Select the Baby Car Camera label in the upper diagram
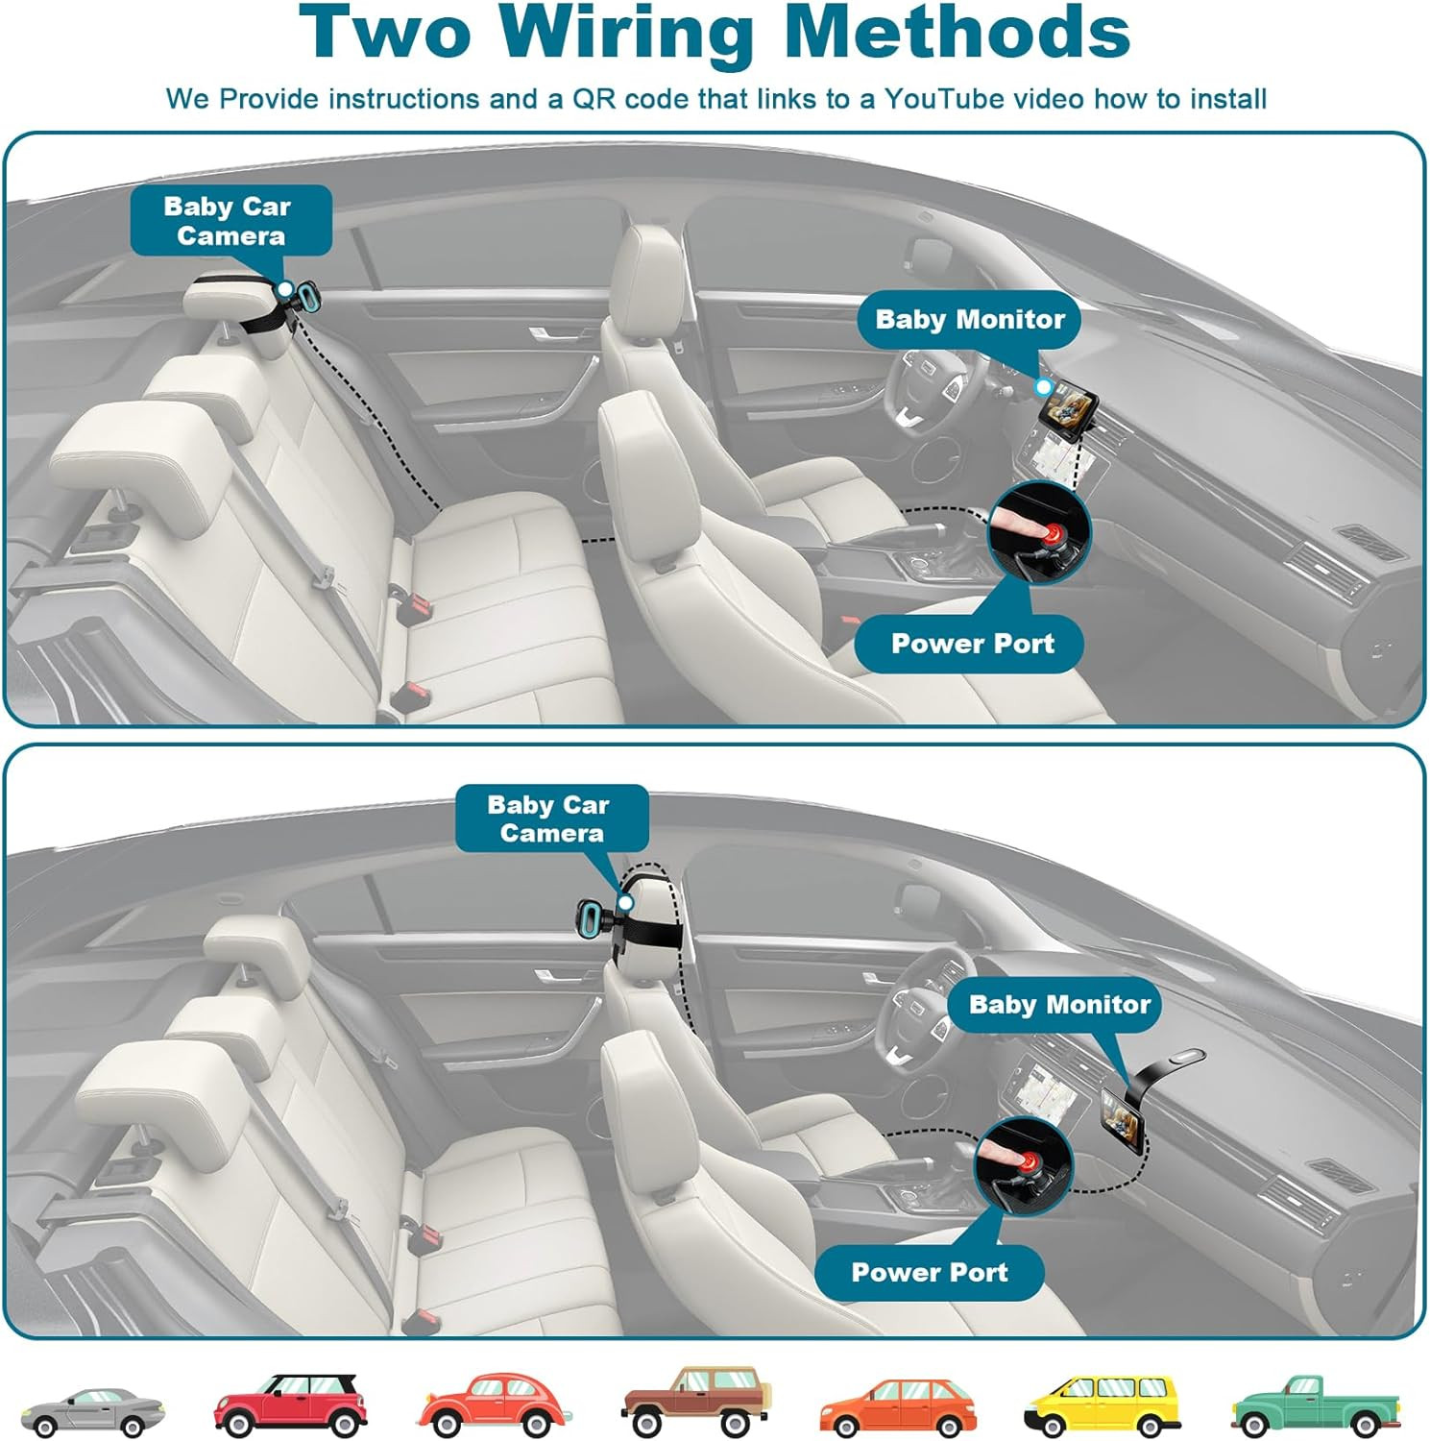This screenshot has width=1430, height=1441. point(230,221)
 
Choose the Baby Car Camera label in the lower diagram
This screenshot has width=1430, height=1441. point(550,818)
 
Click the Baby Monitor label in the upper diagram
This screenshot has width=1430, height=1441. point(970,319)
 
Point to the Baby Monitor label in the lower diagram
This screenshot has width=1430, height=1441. point(1058,1005)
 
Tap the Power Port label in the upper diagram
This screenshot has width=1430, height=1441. point(972,644)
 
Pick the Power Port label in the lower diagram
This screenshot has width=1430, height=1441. point(929,1272)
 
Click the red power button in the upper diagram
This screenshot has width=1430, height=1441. point(1056,534)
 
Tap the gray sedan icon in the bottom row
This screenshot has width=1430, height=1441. point(93,1409)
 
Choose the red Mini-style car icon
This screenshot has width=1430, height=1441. point(291,1404)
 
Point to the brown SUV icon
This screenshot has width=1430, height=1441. point(696,1401)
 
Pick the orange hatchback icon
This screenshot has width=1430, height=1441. point(897,1405)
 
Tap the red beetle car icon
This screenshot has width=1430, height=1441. point(494,1404)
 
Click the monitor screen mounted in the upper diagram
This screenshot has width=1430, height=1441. point(1068,403)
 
